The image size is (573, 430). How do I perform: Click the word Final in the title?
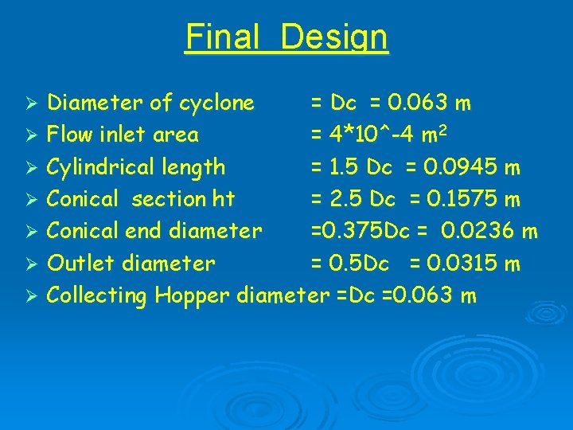(x=224, y=37)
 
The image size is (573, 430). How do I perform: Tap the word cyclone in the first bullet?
(x=216, y=103)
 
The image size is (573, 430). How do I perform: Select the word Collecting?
(x=97, y=295)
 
